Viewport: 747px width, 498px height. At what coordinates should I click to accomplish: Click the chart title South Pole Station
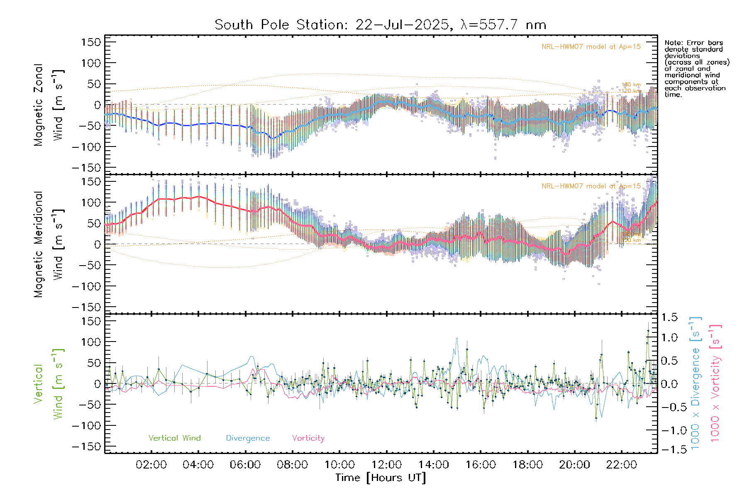point(380,25)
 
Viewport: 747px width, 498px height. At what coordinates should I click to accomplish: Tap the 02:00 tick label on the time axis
point(151,465)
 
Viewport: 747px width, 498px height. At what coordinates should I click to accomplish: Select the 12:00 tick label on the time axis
point(386,465)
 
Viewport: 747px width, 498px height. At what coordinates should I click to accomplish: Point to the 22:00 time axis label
point(621,465)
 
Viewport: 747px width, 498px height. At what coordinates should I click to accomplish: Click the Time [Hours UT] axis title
point(381,478)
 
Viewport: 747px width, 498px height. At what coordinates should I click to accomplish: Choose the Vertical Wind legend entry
point(174,438)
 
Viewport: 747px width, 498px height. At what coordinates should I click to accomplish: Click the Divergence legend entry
point(248,438)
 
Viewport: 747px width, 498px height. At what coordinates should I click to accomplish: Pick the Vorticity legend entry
point(308,438)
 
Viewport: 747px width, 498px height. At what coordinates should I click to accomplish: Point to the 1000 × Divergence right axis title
point(696,383)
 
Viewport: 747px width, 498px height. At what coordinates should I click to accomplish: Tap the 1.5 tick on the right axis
point(669,317)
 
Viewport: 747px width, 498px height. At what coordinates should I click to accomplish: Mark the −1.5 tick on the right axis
point(669,449)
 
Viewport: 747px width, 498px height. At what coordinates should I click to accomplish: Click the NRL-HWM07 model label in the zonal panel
point(591,47)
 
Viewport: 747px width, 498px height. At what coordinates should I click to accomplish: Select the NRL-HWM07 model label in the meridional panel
point(591,186)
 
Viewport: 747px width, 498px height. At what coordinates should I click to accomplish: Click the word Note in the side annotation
point(673,43)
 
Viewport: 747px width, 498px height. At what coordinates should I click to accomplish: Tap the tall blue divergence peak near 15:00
point(457,339)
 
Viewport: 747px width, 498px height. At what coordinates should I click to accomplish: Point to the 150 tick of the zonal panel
point(91,42)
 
